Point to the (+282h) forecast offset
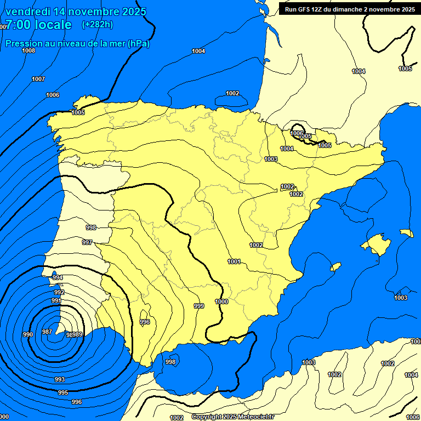tap(97, 25)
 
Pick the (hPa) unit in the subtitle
tap(138, 43)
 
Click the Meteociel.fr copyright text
tap(255, 417)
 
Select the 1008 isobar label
tap(29, 51)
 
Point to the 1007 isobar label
tap(38, 79)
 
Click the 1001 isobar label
tap(234, 261)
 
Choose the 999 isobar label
tap(199, 306)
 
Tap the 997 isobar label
tap(87, 242)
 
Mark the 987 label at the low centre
tap(47, 332)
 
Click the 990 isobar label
tap(28, 334)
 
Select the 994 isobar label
tap(57, 278)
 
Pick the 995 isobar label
tap(63, 392)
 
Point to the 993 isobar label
tap(60, 379)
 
